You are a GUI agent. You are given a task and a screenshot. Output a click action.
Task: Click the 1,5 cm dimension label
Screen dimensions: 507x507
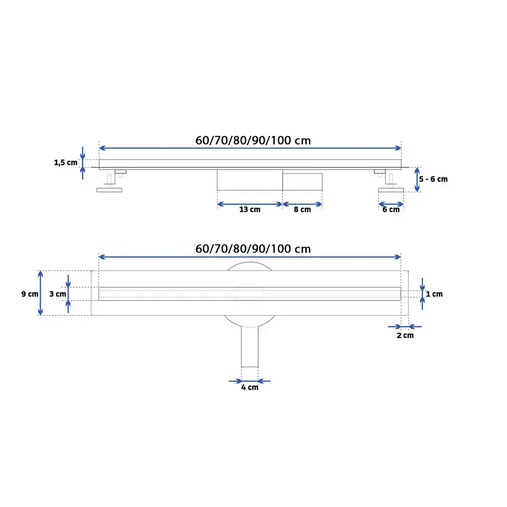(65, 162)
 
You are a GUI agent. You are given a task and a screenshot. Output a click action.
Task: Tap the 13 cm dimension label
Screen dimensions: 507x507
(249, 209)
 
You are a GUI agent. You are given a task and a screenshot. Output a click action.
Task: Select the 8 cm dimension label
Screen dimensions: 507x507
(302, 209)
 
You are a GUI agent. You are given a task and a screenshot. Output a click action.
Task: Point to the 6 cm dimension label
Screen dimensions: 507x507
(391, 209)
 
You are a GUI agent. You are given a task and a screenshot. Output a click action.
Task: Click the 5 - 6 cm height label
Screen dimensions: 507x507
(433, 179)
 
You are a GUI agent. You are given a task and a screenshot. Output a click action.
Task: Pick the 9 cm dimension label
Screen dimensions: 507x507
(30, 294)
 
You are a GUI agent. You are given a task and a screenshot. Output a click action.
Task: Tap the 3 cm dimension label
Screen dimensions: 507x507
(58, 294)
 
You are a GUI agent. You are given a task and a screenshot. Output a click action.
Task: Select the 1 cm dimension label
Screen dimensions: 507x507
(434, 294)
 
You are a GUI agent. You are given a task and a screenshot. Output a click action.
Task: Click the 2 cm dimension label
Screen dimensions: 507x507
(405, 335)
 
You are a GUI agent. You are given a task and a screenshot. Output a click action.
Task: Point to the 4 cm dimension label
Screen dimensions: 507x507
(249, 387)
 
